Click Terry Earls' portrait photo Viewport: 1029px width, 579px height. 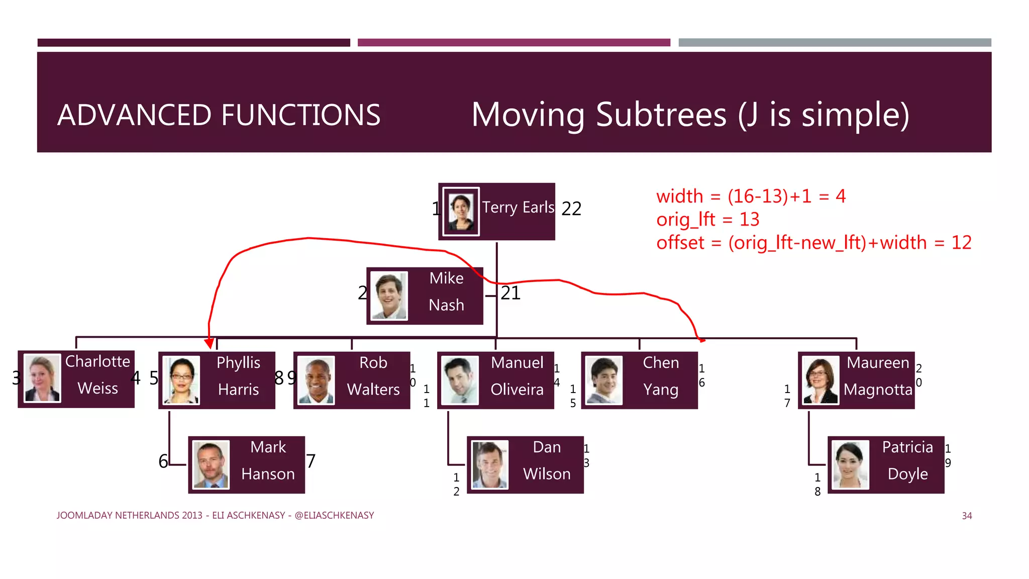[x=461, y=212]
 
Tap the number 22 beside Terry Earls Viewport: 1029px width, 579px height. [x=571, y=209]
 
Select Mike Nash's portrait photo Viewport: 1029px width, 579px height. [x=389, y=296]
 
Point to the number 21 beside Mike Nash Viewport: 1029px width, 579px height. [x=510, y=293]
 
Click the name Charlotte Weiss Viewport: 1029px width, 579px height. [x=97, y=374]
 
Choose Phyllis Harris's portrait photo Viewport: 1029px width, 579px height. [x=181, y=380]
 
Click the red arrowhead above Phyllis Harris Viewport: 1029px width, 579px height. [x=210, y=343]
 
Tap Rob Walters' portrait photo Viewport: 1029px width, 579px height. [x=316, y=380]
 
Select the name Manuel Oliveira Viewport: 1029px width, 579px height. [x=517, y=376]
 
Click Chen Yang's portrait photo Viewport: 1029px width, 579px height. [x=604, y=380]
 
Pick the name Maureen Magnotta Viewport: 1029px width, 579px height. [x=878, y=376]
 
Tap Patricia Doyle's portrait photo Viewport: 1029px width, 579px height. [x=850, y=465]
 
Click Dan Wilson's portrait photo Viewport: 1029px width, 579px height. [x=490, y=465]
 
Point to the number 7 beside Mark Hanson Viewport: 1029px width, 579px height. [x=311, y=461]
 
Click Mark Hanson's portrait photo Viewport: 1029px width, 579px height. [x=211, y=465]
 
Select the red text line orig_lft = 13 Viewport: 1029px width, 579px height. [x=707, y=220]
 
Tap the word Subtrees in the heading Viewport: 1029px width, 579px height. [x=661, y=115]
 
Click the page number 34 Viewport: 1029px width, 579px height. [x=967, y=516]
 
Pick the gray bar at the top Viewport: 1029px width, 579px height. [x=835, y=43]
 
